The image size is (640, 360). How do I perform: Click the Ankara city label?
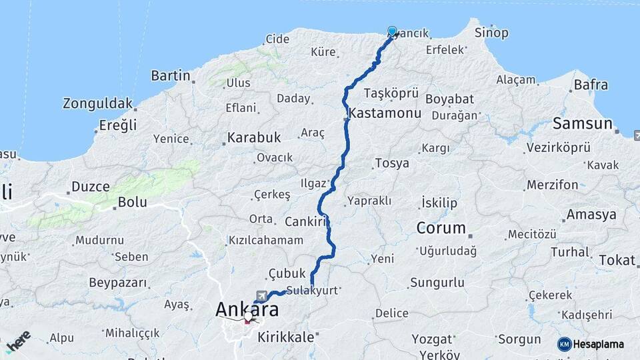pyautogui.click(x=247, y=310)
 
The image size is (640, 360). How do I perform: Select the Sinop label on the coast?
pyautogui.click(x=491, y=33)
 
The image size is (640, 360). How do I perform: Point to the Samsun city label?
pyautogui.click(x=583, y=123)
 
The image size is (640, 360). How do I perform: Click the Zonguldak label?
pyautogui.click(x=97, y=104)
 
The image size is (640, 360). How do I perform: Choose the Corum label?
pyautogui.click(x=441, y=228)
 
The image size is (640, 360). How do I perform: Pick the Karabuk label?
pyautogui.click(x=254, y=137)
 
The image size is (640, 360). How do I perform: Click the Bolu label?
pyautogui.click(x=132, y=202)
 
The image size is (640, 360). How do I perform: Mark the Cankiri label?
pyautogui.click(x=304, y=221)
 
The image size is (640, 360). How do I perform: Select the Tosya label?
pyautogui.click(x=392, y=163)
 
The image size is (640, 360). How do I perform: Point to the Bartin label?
pyautogui.click(x=171, y=75)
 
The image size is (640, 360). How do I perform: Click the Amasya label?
pyautogui.click(x=591, y=215)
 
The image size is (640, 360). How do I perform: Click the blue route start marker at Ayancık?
pyautogui.click(x=392, y=31)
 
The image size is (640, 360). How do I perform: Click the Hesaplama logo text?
pyautogui.click(x=598, y=344)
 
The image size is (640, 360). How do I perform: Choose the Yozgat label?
pyautogui.click(x=431, y=339)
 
